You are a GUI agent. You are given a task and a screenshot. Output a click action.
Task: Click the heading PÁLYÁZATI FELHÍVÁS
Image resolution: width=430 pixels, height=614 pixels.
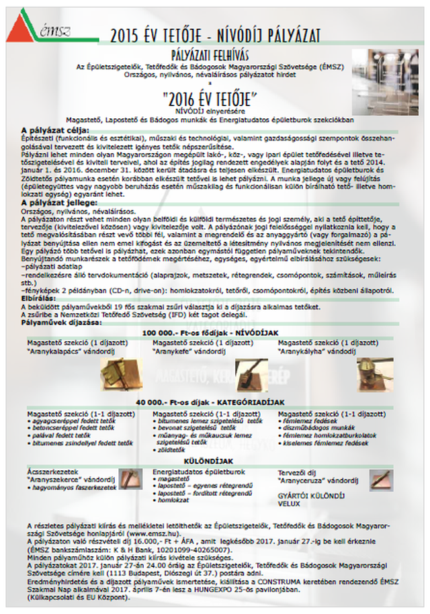[x=214, y=54]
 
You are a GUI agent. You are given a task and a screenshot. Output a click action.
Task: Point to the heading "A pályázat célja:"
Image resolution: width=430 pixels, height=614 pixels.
[x=50, y=130]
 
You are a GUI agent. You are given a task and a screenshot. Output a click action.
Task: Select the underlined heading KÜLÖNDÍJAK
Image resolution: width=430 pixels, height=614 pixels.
[x=208, y=462]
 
